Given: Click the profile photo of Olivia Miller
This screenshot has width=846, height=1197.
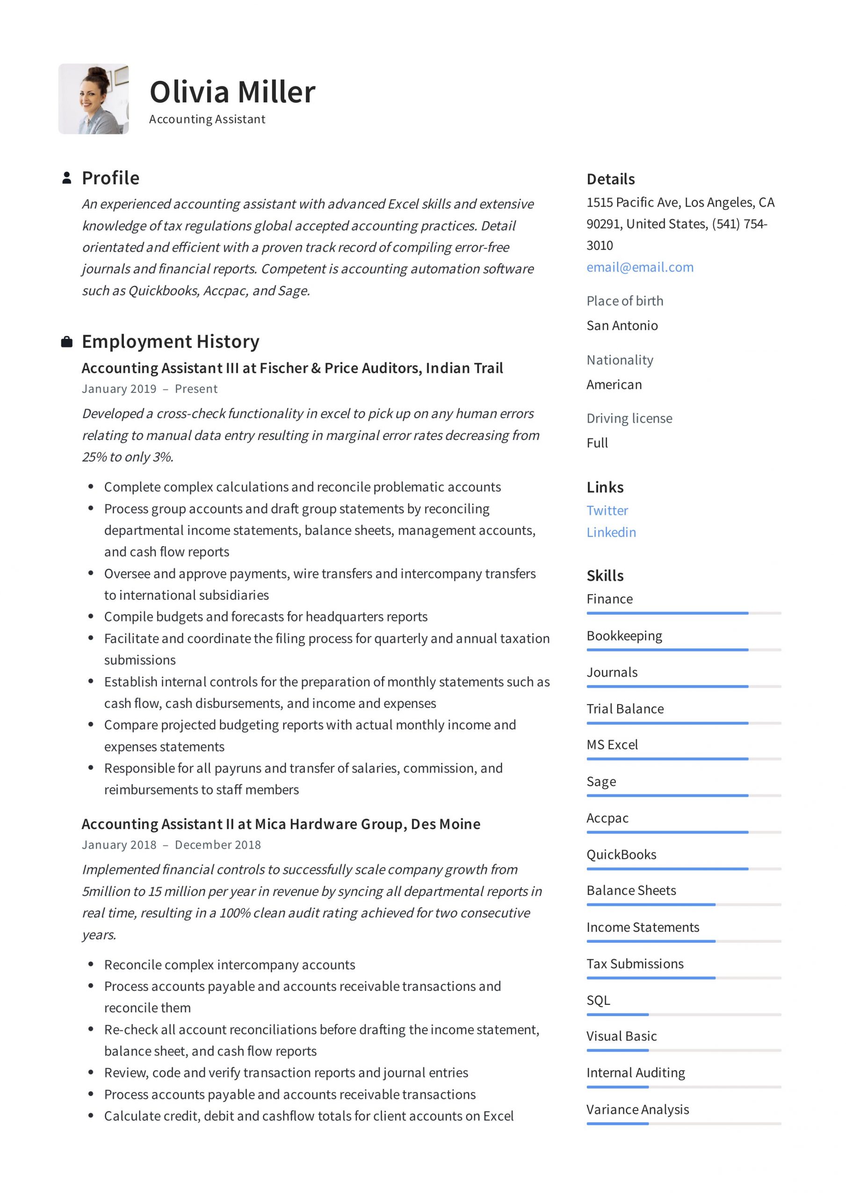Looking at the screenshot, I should [x=94, y=99].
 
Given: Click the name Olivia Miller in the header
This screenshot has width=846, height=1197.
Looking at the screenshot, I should [x=232, y=92].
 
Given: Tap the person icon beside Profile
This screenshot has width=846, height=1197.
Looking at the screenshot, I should [x=67, y=178].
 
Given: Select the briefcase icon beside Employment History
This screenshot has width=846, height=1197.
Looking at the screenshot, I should [x=67, y=342].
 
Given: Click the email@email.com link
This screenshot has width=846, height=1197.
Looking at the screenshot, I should [x=640, y=267].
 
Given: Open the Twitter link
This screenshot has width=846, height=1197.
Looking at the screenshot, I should [x=607, y=511].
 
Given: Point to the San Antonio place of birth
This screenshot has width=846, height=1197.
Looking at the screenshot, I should [x=622, y=326].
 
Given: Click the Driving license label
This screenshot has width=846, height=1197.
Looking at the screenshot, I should [x=629, y=418].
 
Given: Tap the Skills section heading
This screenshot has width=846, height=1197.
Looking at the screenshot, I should [x=605, y=576].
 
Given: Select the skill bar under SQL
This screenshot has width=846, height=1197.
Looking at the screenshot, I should [x=683, y=1015].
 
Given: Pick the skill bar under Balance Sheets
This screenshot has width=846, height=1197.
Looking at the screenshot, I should [x=683, y=904].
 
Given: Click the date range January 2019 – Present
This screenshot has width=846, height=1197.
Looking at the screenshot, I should [x=150, y=389].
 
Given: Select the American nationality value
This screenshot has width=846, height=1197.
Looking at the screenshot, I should [x=614, y=385].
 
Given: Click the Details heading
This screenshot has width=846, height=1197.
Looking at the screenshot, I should [x=611, y=180].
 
